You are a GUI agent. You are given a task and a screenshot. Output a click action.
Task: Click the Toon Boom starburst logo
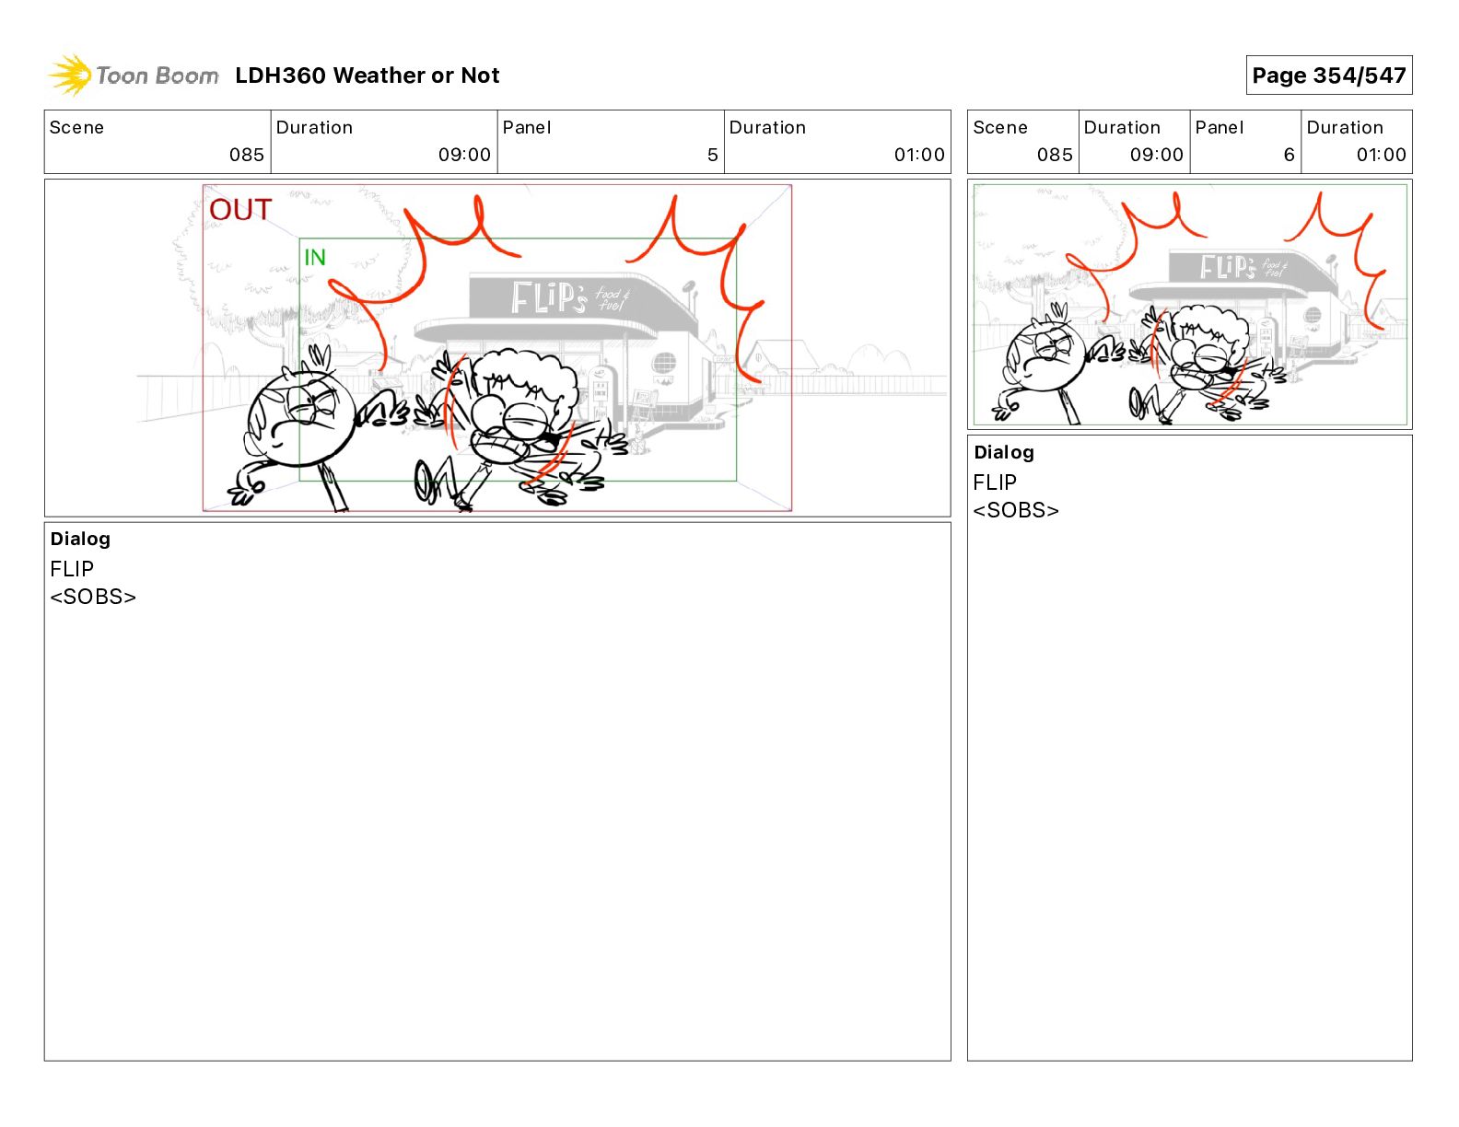tap(70, 75)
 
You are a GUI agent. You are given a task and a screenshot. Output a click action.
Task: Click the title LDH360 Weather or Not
tap(368, 76)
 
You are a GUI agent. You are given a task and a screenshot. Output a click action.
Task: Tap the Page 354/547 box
tap(1329, 76)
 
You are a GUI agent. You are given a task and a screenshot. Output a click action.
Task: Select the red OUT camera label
tap(240, 209)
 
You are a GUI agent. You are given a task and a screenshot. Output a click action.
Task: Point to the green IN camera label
tap(315, 257)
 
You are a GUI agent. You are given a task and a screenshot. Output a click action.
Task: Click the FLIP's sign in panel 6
tap(1243, 267)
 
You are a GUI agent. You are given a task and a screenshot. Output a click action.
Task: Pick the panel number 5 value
tap(712, 155)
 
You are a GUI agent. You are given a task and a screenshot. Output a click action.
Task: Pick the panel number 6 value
tap(1289, 155)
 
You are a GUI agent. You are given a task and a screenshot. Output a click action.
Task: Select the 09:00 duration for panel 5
tap(464, 155)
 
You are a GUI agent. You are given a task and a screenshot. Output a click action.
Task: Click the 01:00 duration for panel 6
tap(1381, 155)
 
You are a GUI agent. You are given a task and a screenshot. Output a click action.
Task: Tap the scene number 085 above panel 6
tap(1055, 155)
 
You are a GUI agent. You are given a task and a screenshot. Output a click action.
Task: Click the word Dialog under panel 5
tap(80, 539)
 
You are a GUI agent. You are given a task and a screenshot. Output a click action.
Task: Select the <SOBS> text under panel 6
tap(1016, 510)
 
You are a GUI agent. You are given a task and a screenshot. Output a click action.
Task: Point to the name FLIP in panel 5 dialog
tap(72, 569)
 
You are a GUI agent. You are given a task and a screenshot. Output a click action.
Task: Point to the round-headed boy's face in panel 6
tap(1045, 356)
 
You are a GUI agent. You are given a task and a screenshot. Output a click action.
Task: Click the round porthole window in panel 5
tap(664, 363)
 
